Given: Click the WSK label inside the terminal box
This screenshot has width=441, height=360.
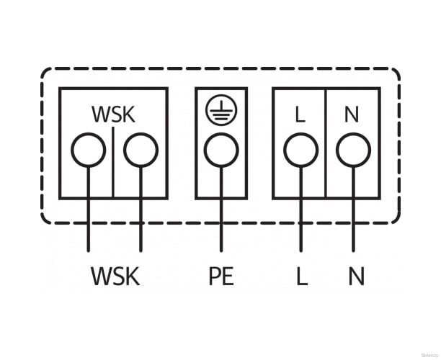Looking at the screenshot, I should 113,114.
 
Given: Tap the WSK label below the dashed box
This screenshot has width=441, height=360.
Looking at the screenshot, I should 115,276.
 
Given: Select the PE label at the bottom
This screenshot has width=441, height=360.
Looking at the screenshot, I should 221,276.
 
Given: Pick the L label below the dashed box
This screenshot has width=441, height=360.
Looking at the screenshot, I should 301,276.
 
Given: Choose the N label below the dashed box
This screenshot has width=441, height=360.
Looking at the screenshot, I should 356,276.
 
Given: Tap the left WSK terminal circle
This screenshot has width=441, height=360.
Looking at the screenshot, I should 88,150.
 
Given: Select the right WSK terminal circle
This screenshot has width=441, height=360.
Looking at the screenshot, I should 140,150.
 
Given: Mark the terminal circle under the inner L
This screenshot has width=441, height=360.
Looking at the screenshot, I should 300,150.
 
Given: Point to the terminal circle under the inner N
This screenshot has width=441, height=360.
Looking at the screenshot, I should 353,150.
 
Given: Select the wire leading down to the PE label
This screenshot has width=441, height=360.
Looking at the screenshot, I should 220,216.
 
